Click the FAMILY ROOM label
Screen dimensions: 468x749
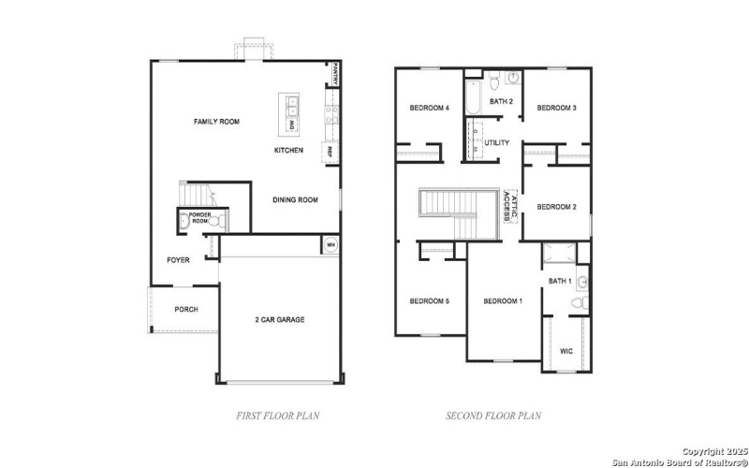tap(217, 122)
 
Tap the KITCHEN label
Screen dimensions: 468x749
tap(288, 150)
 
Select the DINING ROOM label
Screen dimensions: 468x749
tap(295, 199)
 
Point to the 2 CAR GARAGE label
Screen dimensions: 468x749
tap(280, 319)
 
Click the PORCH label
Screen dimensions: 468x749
tap(186, 309)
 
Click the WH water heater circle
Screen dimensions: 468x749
tap(330, 245)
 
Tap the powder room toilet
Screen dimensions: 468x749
tap(184, 222)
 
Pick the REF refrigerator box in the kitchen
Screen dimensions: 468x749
tap(330, 151)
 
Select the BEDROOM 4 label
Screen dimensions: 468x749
tap(430, 108)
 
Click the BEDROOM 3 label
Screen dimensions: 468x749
tap(556, 108)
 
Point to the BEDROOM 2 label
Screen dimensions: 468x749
tap(556, 207)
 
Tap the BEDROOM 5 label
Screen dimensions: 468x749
tap(429, 300)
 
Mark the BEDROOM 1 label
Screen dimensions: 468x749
tap(503, 300)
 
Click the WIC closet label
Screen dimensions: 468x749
tap(566, 351)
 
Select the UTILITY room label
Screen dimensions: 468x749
tap(497, 142)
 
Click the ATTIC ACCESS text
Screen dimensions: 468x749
tap(509, 205)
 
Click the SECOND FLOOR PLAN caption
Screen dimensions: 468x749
tap(493, 415)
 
